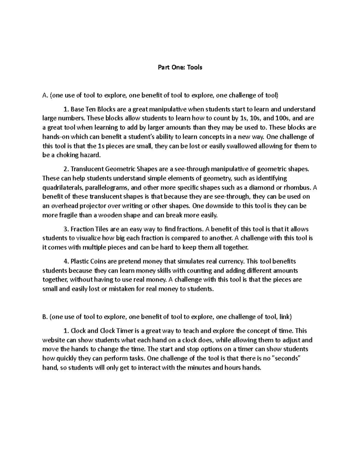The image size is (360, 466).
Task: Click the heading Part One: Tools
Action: pos(180,67)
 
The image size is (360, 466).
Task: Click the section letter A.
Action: pos(45,96)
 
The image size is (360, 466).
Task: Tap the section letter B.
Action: pos(45,317)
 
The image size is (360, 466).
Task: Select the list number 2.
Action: pos(66,169)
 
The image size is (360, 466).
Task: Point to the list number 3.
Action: pos(66,229)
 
